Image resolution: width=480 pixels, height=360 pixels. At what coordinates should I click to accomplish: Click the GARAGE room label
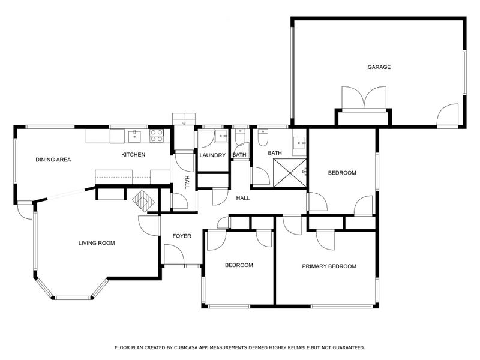(x=379, y=67)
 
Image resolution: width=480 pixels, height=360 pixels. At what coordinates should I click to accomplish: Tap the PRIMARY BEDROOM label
(x=329, y=266)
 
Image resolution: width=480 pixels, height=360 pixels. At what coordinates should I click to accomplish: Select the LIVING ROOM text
(x=97, y=243)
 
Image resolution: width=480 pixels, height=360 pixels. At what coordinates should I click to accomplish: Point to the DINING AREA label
(x=53, y=160)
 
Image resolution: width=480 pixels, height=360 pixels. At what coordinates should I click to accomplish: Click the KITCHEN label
(x=133, y=155)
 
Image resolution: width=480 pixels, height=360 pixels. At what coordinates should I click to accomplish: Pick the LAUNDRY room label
(x=212, y=155)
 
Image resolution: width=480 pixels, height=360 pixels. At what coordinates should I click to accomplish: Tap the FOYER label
(x=182, y=236)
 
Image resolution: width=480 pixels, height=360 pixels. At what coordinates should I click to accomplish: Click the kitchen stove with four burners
(x=157, y=136)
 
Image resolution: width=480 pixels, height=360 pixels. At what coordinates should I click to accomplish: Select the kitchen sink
(x=134, y=136)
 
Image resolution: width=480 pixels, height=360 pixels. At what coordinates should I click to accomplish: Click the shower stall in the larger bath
(x=290, y=173)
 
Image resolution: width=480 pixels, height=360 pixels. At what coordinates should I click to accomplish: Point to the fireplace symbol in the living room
(x=143, y=201)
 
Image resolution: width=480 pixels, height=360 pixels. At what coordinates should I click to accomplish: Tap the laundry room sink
(x=221, y=136)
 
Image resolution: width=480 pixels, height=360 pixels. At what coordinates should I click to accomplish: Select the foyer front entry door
(x=174, y=254)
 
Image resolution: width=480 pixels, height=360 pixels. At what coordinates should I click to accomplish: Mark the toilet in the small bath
(x=241, y=136)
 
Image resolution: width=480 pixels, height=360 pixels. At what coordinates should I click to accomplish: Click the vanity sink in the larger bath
(x=299, y=143)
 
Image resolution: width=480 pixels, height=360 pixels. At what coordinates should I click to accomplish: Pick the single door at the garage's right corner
(x=447, y=115)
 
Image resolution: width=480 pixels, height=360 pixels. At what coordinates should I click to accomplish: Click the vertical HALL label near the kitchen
(x=187, y=182)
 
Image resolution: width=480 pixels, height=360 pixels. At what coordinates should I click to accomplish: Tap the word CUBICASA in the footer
(x=186, y=347)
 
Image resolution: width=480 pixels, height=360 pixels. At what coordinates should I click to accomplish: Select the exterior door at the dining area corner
(x=25, y=210)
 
